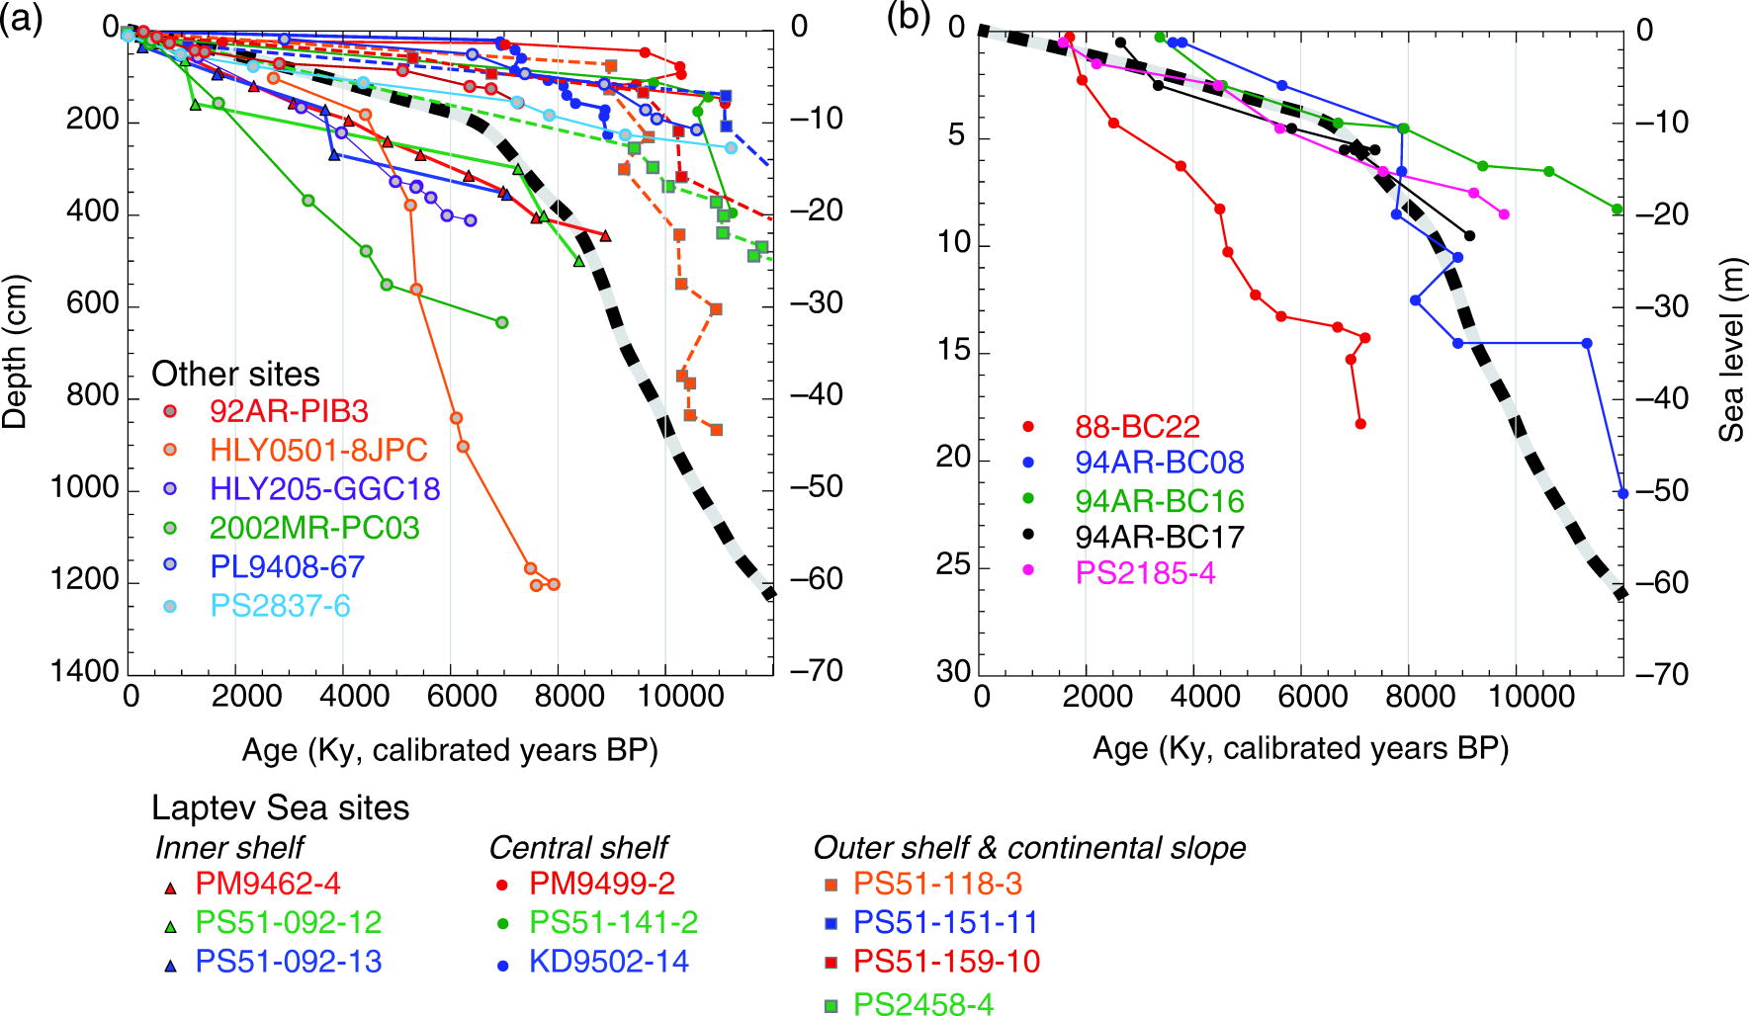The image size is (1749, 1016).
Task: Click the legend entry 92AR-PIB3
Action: click(x=288, y=410)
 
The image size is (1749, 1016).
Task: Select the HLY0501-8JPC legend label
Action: click(x=318, y=450)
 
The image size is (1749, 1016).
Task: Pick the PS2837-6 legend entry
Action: click(x=280, y=605)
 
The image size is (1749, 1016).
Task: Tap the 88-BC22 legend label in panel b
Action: click(x=1137, y=427)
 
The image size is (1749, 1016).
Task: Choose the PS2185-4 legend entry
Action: click(x=1145, y=573)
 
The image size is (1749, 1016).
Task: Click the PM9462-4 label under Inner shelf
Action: click(x=267, y=883)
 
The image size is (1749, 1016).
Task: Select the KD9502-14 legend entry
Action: click(x=608, y=962)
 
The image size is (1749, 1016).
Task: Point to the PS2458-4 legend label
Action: click(x=923, y=1004)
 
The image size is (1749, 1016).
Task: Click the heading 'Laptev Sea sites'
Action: click(x=280, y=807)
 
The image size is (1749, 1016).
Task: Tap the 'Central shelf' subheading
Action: click(x=578, y=847)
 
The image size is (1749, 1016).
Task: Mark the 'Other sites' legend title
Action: click(x=235, y=374)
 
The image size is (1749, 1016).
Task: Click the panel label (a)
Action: click(x=22, y=19)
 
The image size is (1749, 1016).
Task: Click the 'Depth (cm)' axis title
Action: click(x=16, y=352)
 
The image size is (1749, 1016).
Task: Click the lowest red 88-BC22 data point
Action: click(x=1360, y=424)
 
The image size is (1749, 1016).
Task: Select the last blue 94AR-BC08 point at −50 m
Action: click(x=1622, y=492)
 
